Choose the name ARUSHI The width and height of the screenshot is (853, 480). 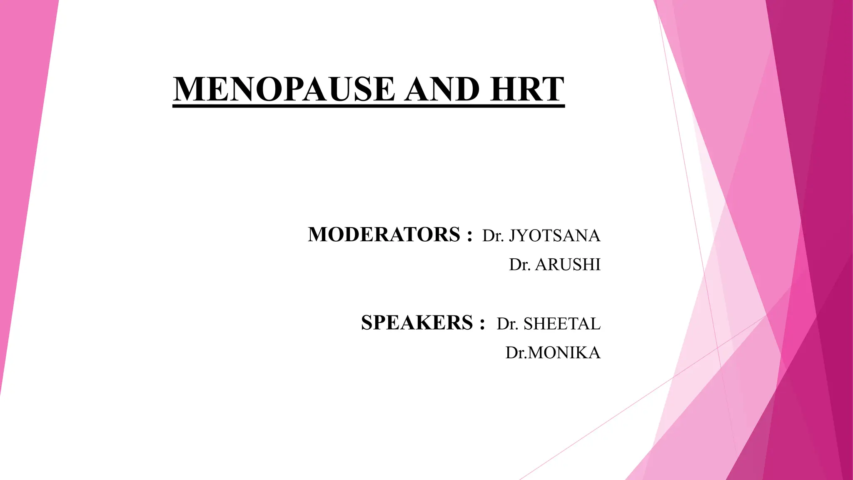(x=568, y=265)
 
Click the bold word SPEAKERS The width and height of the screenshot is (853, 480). (x=417, y=322)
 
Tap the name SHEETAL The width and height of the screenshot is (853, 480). (x=562, y=324)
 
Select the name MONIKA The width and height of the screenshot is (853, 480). (x=564, y=353)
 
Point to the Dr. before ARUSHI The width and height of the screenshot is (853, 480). (x=520, y=265)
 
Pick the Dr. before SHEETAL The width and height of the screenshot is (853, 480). (x=507, y=324)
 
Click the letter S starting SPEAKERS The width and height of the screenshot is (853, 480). (x=367, y=322)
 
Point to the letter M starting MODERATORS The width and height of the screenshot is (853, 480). (x=318, y=234)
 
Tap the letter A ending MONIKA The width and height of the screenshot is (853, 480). (x=594, y=353)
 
